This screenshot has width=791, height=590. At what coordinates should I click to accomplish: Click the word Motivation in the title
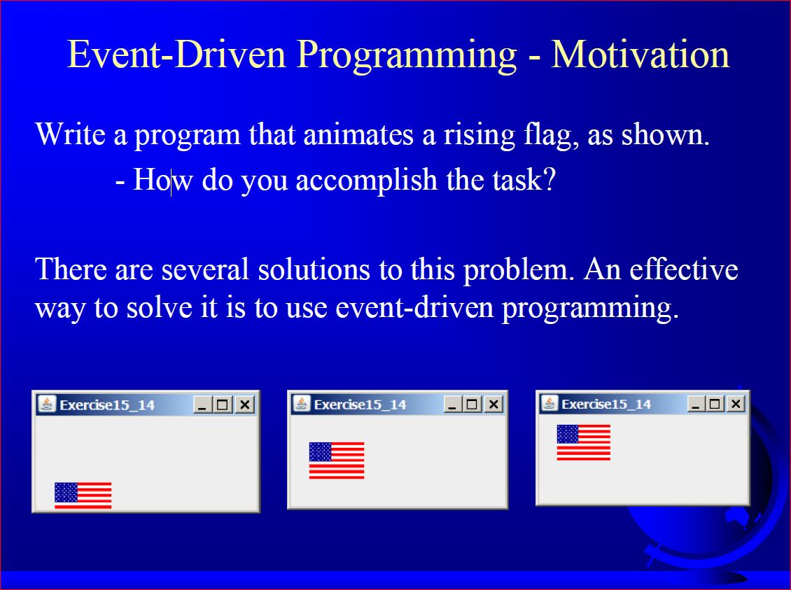(640, 55)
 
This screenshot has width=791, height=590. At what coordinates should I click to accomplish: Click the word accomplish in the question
(367, 181)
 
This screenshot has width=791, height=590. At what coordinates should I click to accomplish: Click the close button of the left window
(244, 405)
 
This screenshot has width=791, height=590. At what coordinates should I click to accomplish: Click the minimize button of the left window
(202, 405)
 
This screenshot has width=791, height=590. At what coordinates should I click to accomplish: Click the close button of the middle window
(493, 404)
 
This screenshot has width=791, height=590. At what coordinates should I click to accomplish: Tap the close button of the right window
(735, 403)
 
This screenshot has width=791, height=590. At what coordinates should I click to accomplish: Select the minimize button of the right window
(696, 403)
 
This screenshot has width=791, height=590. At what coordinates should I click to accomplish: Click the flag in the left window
(83, 496)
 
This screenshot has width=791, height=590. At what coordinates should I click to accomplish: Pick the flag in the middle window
(337, 460)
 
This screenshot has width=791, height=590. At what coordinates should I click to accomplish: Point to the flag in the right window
(583, 442)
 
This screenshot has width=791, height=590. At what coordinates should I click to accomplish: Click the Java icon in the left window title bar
(47, 405)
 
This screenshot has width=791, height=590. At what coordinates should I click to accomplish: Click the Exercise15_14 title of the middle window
(360, 405)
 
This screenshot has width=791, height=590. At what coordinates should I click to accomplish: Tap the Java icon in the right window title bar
(550, 403)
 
